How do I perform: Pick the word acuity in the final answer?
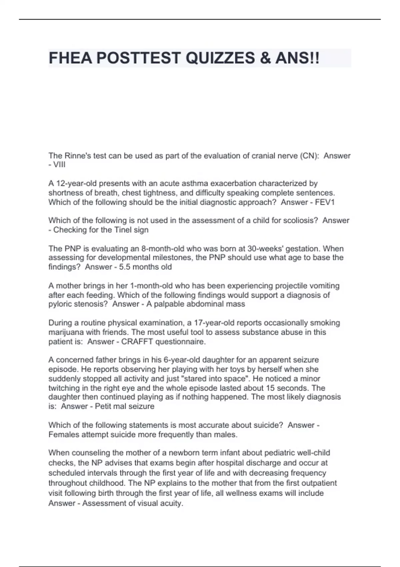pos(170,503)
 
